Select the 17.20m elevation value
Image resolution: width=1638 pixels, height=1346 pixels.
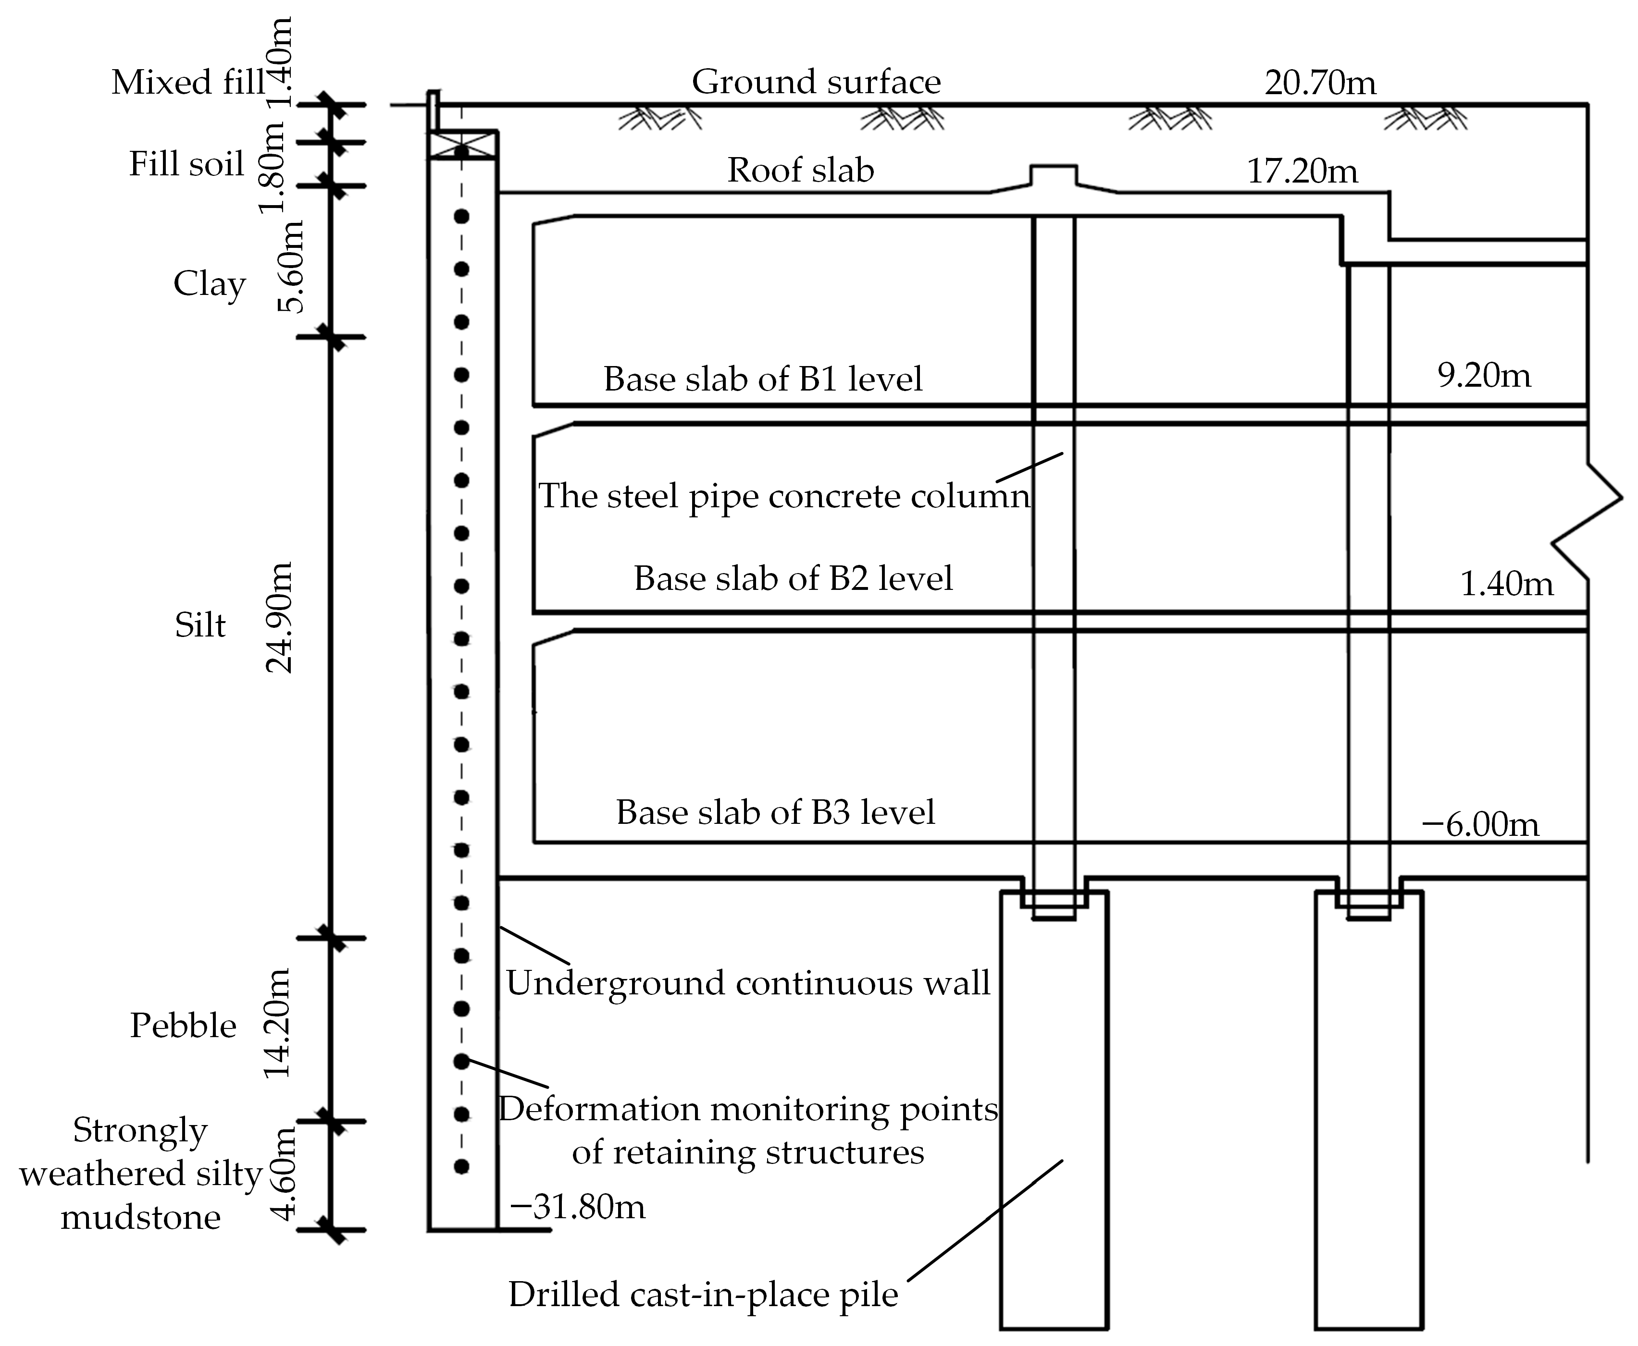coord(1302,171)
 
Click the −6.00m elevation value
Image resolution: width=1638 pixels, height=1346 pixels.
coord(1480,824)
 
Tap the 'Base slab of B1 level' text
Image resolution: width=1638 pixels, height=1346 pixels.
coord(763,379)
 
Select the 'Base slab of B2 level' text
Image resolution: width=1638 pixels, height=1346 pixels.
coord(793,578)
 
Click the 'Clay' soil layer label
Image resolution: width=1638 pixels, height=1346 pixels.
coord(210,284)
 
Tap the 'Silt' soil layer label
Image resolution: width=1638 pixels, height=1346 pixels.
coord(200,625)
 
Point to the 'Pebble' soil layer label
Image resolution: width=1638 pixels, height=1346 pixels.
coord(183,1026)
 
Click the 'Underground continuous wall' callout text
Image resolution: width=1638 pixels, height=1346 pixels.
coord(748,983)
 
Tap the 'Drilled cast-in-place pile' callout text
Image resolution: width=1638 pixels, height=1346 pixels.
coord(703,1295)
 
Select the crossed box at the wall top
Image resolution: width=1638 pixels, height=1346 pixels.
coord(462,145)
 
